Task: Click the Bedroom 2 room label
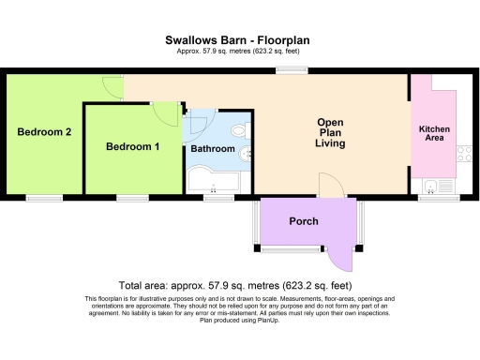pos(44,132)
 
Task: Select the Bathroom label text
pos(213,149)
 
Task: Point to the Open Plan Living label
pos(330,133)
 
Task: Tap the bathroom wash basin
pos(246,153)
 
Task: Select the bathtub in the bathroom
pos(214,178)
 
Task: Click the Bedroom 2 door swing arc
pos(112,88)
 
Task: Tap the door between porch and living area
pos(330,186)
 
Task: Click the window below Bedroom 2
pos(44,198)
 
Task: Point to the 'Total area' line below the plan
pos(235,284)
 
